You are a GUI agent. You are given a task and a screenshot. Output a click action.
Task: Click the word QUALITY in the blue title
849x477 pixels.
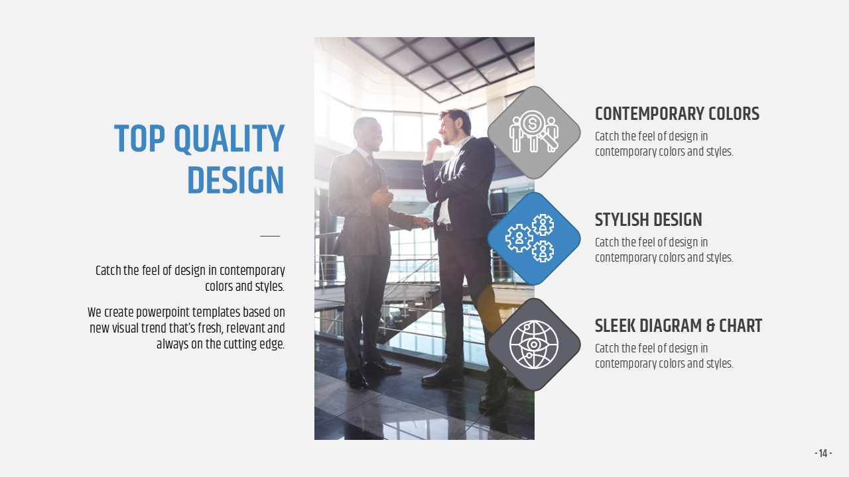(x=229, y=139)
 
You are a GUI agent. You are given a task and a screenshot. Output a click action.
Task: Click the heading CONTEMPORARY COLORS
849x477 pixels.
(x=677, y=113)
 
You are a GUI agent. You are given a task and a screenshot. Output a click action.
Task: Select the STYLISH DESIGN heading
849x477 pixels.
(x=649, y=219)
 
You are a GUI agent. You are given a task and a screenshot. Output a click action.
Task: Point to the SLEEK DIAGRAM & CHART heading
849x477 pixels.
(x=679, y=325)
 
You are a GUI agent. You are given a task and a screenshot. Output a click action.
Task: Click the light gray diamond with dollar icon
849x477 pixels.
(x=534, y=132)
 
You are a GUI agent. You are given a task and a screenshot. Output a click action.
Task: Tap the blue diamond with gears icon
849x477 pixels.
(x=534, y=238)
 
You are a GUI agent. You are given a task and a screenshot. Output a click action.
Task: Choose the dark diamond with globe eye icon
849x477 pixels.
(x=534, y=344)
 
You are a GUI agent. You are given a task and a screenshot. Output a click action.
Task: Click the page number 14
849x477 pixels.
(x=823, y=454)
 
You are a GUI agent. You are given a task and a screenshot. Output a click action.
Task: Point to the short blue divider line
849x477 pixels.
(x=270, y=236)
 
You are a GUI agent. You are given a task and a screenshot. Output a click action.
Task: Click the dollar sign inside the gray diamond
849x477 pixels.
(x=533, y=123)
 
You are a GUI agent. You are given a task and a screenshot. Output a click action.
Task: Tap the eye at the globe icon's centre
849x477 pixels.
(x=534, y=344)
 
